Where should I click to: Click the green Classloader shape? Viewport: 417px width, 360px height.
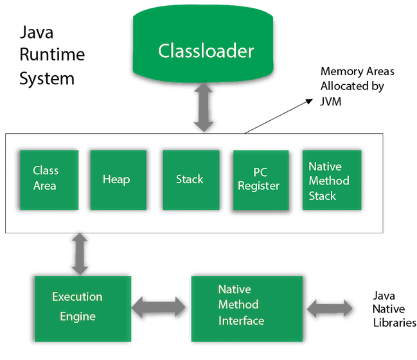pos(206,48)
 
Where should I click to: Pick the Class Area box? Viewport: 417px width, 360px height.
pos(49,180)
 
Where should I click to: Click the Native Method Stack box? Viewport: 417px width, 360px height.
pos(332,180)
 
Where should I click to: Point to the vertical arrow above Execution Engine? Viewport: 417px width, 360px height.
pos(80,254)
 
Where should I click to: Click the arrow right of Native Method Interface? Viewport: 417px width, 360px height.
pos(330,309)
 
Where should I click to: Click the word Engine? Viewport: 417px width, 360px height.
pos(78,316)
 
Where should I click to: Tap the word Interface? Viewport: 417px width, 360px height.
pos(242,320)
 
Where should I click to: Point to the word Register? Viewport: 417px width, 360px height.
pos(259,186)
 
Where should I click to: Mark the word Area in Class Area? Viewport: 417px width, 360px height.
pos(45,186)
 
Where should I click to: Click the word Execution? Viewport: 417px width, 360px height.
pos(77,297)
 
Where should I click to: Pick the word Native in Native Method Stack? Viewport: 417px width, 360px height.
pos(324,166)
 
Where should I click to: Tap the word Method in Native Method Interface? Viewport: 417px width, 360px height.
pos(238,304)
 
